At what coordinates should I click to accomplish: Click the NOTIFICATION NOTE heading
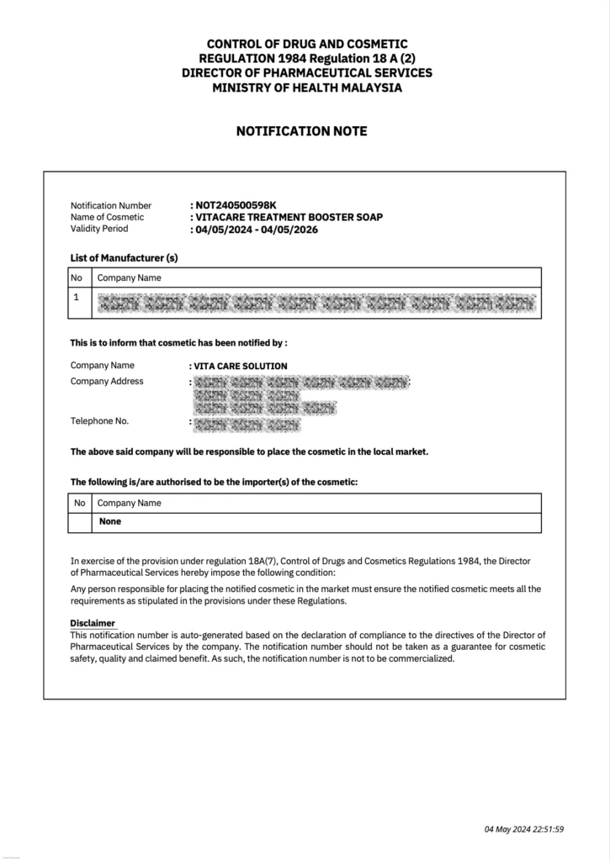point(301,132)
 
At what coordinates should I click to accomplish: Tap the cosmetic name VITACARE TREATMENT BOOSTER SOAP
point(289,217)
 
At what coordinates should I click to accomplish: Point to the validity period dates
point(256,229)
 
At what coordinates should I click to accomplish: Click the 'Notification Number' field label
point(111,205)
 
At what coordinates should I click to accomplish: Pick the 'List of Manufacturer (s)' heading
point(125,257)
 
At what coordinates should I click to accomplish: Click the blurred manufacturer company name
point(316,304)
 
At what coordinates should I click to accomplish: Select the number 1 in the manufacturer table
point(77,297)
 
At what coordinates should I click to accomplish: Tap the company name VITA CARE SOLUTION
point(241,366)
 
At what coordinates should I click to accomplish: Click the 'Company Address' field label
point(107,382)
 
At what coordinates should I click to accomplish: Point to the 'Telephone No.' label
point(100,421)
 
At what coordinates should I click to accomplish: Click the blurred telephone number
point(247,425)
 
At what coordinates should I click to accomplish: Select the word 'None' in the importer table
point(110,521)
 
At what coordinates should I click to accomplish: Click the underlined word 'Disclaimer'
point(93,623)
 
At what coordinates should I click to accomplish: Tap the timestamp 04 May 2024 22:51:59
point(524,829)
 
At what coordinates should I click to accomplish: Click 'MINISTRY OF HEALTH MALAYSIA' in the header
point(306,87)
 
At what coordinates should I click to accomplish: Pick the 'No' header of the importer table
point(80,504)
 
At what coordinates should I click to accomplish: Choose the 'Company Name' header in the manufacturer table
point(130,277)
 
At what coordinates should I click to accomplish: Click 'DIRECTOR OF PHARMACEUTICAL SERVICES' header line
point(306,73)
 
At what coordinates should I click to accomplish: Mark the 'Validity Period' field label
point(99,229)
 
